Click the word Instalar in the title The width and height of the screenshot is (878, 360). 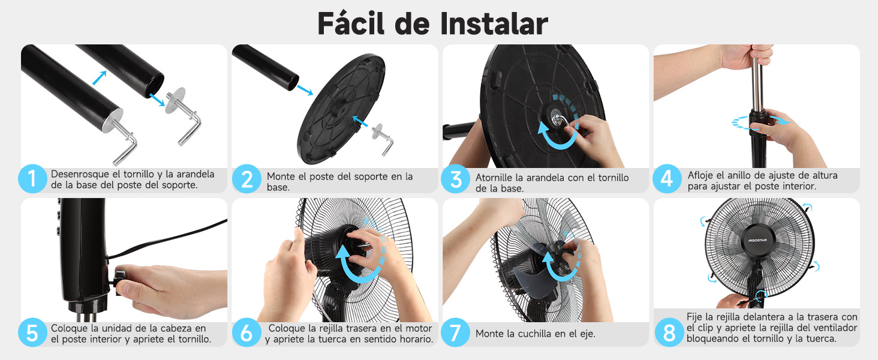(x=494, y=23)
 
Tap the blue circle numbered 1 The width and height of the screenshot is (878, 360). (x=32, y=179)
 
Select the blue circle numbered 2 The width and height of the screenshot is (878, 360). (x=246, y=179)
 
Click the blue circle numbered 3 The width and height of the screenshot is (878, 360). (x=455, y=179)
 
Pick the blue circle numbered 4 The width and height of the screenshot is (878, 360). (x=667, y=179)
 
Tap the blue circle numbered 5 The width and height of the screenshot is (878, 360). (x=32, y=332)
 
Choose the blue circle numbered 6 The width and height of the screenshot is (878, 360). (x=246, y=332)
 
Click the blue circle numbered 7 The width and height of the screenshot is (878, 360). (x=455, y=332)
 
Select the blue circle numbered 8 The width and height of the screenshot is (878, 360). (x=669, y=332)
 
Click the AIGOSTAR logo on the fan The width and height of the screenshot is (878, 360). (x=757, y=240)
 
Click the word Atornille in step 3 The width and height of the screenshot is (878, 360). (x=494, y=178)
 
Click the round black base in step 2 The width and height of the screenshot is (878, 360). (x=341, y=109)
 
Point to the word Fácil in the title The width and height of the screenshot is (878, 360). (x=351, y=23)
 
